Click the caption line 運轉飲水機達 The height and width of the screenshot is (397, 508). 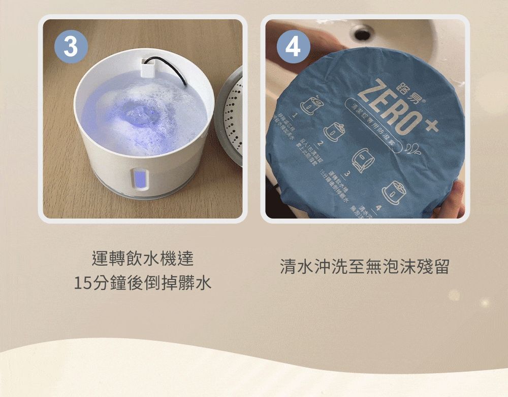142,259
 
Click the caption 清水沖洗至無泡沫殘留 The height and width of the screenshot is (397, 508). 364,267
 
